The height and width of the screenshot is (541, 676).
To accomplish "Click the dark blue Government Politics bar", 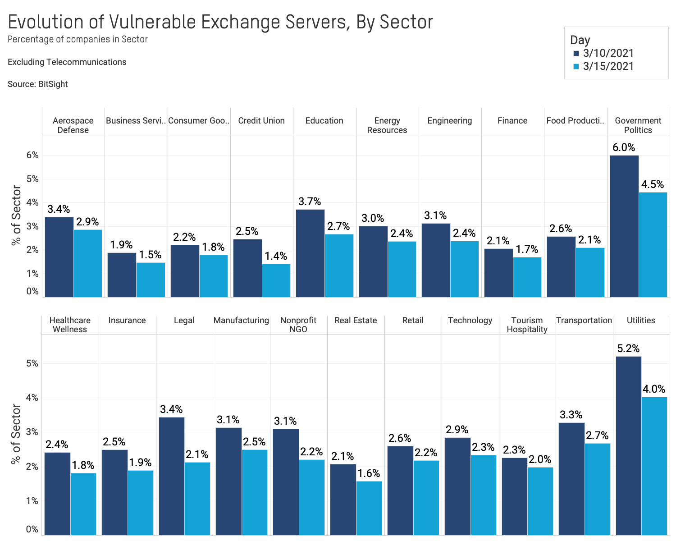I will point(624,225).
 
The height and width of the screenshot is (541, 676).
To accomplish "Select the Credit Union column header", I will point(261,121).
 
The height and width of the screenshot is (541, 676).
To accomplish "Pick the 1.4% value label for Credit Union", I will point(276,256).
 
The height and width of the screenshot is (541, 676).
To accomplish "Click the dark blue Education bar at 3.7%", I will point(310,252).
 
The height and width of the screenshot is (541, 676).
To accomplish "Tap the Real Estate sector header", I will point(356,321).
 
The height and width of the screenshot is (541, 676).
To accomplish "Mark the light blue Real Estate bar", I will point(369,508).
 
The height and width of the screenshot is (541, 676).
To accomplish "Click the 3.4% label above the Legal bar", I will point(171,409).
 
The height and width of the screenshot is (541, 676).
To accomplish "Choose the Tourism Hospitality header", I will point(527,325).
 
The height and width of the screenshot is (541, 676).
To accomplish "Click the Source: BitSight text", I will point(38,84).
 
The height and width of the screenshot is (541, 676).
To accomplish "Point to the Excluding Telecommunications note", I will point(67,62).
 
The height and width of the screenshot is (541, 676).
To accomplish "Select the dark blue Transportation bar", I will point(571,478).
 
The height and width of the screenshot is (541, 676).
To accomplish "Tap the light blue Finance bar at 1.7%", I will point(527,277).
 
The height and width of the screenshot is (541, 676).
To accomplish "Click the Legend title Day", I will point(580,40).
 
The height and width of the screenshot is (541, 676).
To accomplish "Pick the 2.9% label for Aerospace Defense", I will point(87,222).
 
